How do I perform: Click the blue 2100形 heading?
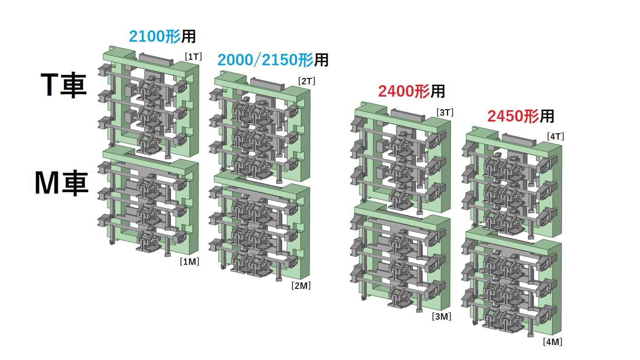(x=155, y=36)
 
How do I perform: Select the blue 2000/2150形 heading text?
(x=265, y=60)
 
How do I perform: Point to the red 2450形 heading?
(x=513, y=116)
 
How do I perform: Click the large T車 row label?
(x=63, y=85)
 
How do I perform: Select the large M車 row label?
(x=62, y=184)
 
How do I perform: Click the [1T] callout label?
(x=193, y=57)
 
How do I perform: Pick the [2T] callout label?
(x=306, y=81)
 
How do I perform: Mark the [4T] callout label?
(x=555, y=136)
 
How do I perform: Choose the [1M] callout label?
(x=189, y=262)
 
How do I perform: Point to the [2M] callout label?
(x=301, y=286)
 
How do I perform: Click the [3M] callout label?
(x=441, y=316)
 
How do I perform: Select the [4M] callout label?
(x=553, y=342)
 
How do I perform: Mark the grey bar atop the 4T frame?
(x=519, y=139)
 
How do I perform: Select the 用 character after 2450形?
(x=547, y=116)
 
